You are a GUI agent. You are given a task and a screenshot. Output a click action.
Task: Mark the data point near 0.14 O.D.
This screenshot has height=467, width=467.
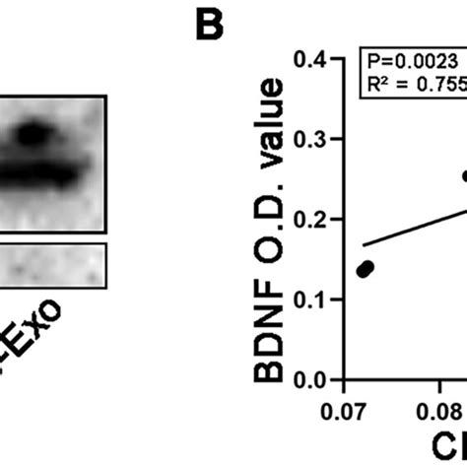(x=366, y=269)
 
